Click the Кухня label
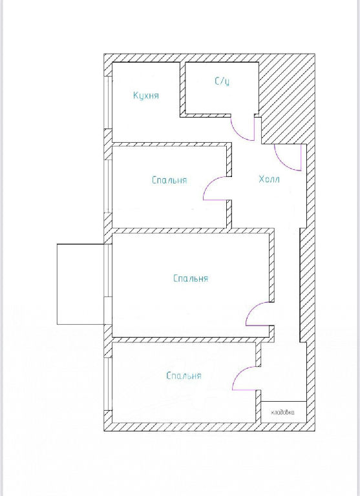[146, 96]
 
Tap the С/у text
[222, 81]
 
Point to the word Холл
[269, 180]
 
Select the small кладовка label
[282, 413]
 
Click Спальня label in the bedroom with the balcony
[191, 278]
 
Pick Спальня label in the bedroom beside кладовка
[184, 375]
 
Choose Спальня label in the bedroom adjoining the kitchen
[169, 180]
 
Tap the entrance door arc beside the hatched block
[282, 163]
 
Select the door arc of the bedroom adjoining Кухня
[210, 184]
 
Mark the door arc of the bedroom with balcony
[253, 309]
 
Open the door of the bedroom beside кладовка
[239, 374]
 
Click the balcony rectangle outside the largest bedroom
[80, 284]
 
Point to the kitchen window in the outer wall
[109, 103]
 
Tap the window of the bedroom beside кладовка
[109, 384]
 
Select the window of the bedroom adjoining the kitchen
[109, 186]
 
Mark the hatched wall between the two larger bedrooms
[189, 340]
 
